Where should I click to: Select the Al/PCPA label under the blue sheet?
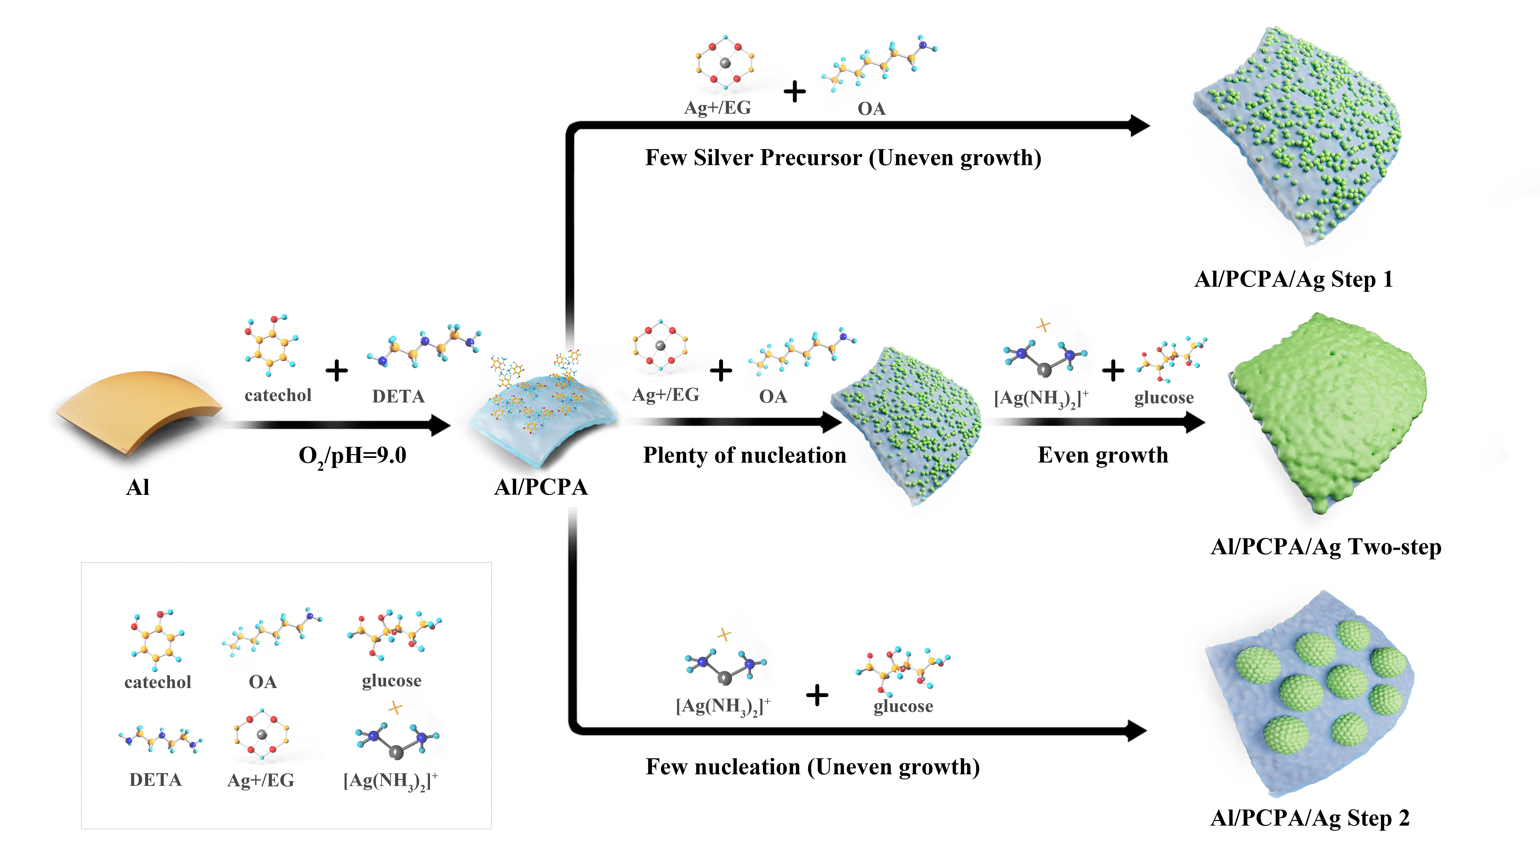click(541, 488)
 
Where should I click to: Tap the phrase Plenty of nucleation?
click(744, 455)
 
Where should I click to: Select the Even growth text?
click(1103, 455)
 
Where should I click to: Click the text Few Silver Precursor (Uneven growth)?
click(843, 158)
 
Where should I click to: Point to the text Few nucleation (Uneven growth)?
click(812, 767)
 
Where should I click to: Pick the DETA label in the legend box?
click(155, 780)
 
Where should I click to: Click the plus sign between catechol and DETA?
click(337, 370)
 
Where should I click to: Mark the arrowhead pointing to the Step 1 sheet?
click(1139, 126)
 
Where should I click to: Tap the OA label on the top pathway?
click(871, 109)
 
